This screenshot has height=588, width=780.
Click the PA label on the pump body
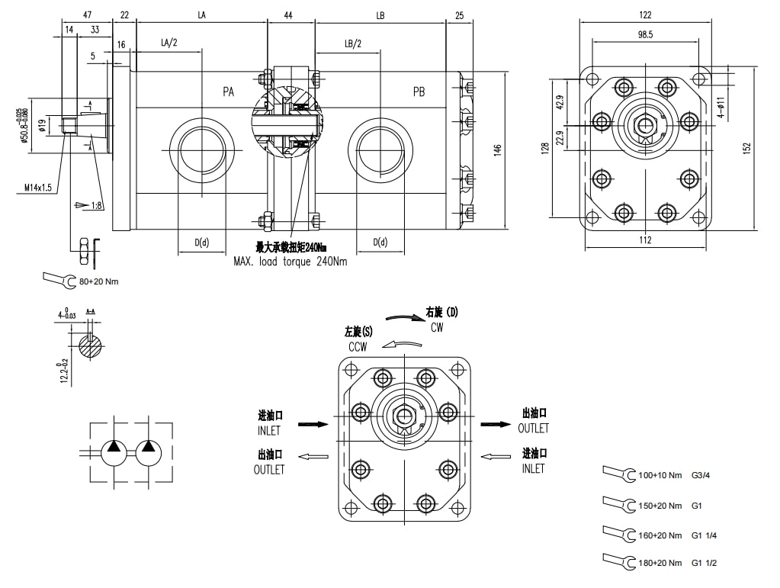[228, 92]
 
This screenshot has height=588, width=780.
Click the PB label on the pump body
[419, 92]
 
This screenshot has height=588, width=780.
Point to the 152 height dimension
[747, 146]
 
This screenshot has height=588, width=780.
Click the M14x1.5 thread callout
[39, 188]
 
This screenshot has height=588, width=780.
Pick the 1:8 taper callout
[95, 204]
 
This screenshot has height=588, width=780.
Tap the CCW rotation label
[358, 346]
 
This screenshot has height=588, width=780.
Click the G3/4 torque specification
[702, 475]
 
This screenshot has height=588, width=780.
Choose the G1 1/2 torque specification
[704, 563]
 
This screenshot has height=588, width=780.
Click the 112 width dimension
[646, 240]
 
